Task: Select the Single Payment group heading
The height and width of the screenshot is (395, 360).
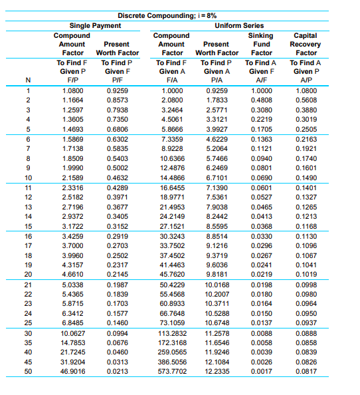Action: click(x=95, y=25)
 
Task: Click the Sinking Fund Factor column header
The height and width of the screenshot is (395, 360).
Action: click(x=261, y=43)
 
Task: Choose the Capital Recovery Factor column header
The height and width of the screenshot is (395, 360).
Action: click(x=306, y=43)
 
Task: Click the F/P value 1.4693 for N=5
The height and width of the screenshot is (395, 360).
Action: click(x=72, y=129)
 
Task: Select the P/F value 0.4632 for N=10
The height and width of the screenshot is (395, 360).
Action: click(x=117, y=179)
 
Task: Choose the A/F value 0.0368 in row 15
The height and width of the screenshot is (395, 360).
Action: click(x=261, y=225)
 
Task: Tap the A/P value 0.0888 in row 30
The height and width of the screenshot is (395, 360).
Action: click(x=306, y=332)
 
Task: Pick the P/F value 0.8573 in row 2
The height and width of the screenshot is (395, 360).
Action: click(x=117, y=98)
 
